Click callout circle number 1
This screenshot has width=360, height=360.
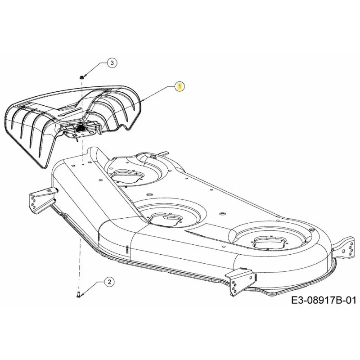pyautogui.click(x=180, y=86)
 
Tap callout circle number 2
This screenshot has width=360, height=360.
pyautogui.click(x=109, y=282)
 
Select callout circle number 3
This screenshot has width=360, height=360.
pyautogui.click(x=112, y=63)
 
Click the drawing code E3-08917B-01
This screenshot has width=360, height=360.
pyautogui.click(x=324, y=300)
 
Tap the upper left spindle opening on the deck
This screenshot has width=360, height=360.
pyautogui.click(x=127, y=175)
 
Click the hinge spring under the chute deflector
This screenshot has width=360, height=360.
pyautogui.click(x=81, y=127)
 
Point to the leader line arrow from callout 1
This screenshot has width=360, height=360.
pyautogui.click(x=158, y=94)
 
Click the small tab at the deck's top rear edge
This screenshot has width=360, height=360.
pyautogui.click(x=164, y=153)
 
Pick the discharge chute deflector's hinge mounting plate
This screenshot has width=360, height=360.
pyautogui.click(x=81, y=130)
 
